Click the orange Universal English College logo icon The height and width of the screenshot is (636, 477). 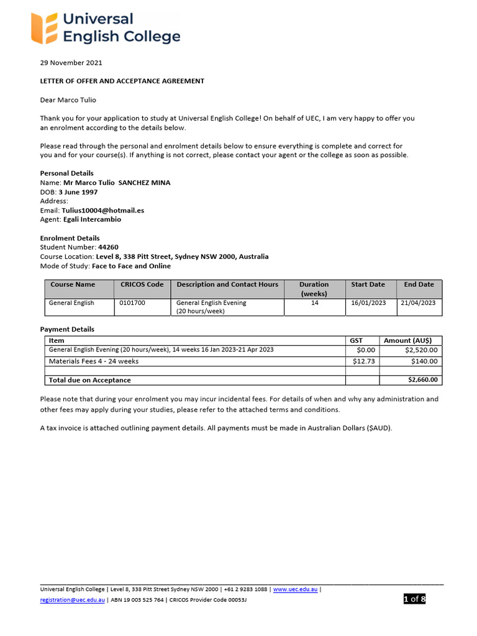(45, 28)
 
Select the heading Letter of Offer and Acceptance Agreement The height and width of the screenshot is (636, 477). (122, 81)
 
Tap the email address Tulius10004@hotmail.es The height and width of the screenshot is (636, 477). (102, 211)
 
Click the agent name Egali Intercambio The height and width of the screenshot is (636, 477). (92, 219)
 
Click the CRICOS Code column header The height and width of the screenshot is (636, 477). (142, 284)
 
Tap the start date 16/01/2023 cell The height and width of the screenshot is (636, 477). (368, 303)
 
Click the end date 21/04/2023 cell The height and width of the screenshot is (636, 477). (418, 303)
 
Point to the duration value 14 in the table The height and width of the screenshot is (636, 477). (314, 303)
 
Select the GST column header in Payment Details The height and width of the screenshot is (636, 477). (357, 340)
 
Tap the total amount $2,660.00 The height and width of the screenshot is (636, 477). (422, 380)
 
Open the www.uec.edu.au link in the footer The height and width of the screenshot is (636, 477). (296, 589)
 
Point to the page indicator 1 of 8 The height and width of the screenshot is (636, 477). (414, 599)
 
